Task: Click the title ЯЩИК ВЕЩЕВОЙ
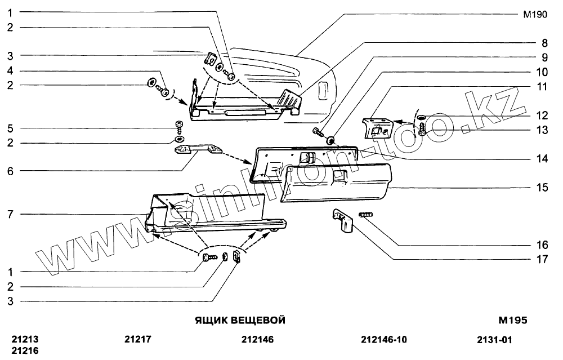pos(240,321)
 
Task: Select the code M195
pos(512,321)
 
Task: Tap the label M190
pos(535,15)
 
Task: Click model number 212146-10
pos(383,340)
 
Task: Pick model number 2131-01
pos(494,340)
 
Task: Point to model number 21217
pos(138,340)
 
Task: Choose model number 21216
pos(25,350)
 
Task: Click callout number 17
pos(542,260)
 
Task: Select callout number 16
pos(542,246)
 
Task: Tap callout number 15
pos(542,188)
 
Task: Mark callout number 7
pos(10,214)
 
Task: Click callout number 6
pos(10,170)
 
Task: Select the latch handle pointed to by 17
pos(343,220)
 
